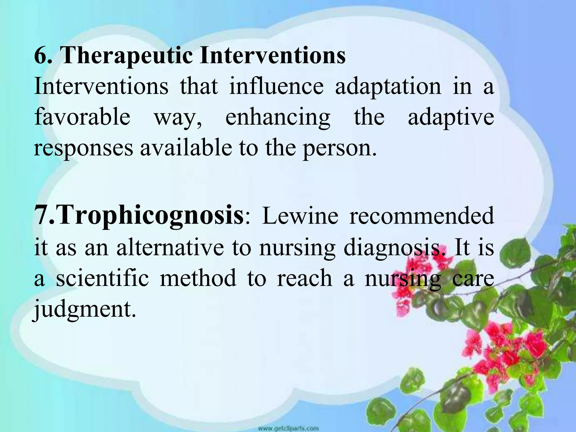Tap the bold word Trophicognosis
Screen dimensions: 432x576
tap(151, 216)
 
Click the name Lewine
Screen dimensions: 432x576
tap(300, 216)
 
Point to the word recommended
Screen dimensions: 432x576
tap(421, 216)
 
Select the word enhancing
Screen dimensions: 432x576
tap(278, 118)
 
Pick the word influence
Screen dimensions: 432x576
tap(276, 86)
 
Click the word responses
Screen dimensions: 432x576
tap(84, 148)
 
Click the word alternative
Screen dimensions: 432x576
tap(170, 247)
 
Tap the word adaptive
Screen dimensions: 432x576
tap(451, 118)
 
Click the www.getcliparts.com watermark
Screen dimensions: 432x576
tap(288, 429)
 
